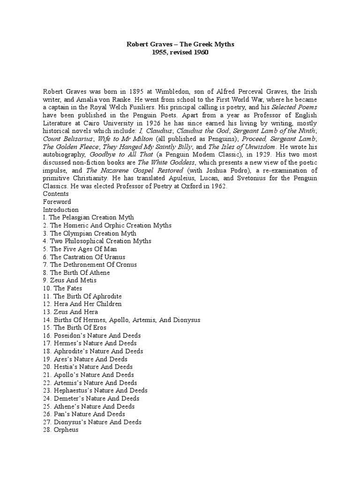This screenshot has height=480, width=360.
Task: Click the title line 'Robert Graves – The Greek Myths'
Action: tap(180, 45)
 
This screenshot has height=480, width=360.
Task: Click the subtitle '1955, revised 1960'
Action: tap(180, 52)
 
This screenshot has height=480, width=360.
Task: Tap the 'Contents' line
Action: tap(56, 194)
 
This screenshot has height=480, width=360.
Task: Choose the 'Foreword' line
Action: tap(57, 202)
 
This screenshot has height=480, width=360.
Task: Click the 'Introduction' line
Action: tap(61, 210)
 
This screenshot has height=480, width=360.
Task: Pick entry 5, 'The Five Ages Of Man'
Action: tap(80, 249)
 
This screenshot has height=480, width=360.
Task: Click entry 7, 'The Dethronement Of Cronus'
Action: tap(90, 265)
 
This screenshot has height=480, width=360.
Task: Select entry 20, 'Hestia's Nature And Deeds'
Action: tap(87, 367)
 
